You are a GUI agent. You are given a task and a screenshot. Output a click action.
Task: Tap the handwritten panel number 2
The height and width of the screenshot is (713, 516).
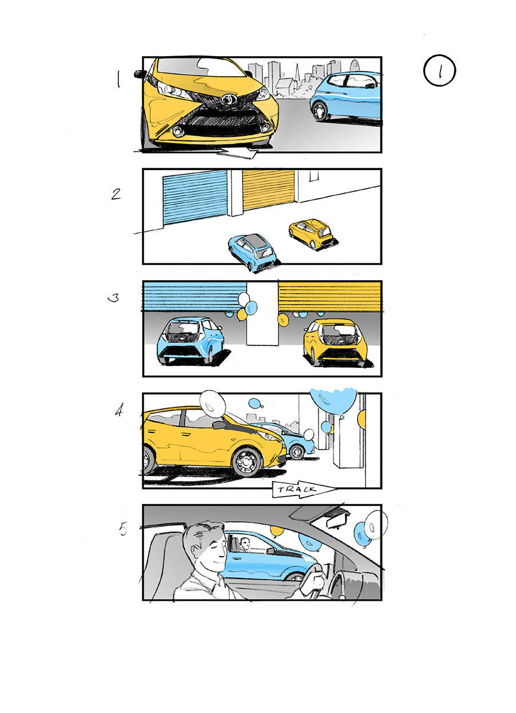pyautogui.click(x=116, y=194)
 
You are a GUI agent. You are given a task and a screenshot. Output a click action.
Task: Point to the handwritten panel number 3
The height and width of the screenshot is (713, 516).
pyautogui.click(x=114, y=298)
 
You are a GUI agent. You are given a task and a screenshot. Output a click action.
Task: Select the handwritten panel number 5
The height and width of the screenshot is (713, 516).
pyautogui.click(x=124, y=529)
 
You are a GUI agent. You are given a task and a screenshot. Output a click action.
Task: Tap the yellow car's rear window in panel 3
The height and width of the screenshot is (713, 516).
pyautogui.click(x=340, y=330)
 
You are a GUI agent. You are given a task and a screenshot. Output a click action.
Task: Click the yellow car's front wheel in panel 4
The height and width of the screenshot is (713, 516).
pyautogui.click(x=247, y=460)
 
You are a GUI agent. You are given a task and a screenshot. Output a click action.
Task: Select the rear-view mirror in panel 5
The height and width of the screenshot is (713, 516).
pyautogui.click(x=337, y=522)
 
